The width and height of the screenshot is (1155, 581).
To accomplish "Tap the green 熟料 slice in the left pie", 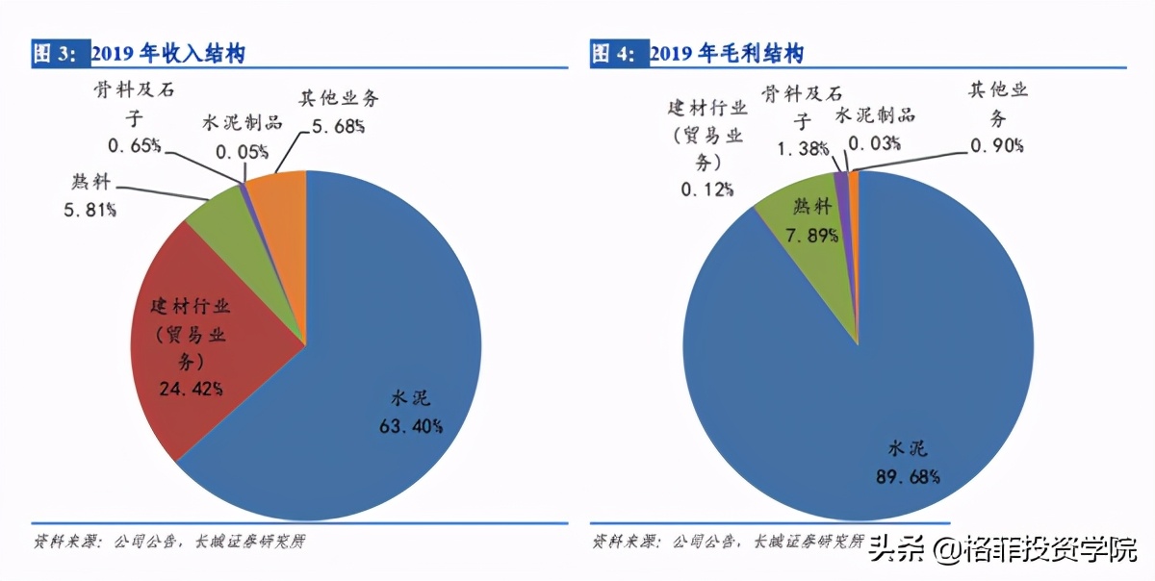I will tap(226, 216).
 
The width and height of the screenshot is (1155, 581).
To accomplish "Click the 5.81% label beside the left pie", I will tap(90, 209).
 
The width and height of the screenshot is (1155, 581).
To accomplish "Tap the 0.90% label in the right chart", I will tap(997, 145).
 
